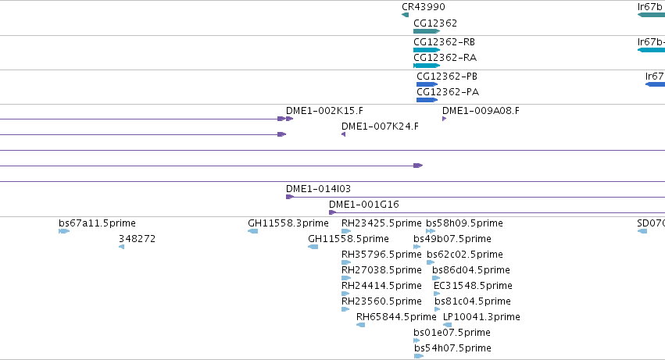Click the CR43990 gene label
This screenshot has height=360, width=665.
tap(424, 7)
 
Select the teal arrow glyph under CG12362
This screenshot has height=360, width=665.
tap(427, 31)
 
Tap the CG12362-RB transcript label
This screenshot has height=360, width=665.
tap(444, 42)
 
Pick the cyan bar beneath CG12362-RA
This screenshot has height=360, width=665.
tap(426, 66)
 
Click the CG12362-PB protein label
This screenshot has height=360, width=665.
tap(447, 77)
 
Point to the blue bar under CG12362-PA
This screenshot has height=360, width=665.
tap(427, 100)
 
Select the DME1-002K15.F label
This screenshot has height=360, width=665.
tap(324, 111)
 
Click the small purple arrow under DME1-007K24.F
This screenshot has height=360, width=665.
tap(344, 134)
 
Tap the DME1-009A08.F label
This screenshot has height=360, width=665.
tap(481, 111)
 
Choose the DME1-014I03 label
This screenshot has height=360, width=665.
tap(318, 189)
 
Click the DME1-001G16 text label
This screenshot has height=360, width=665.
tap(364, 205)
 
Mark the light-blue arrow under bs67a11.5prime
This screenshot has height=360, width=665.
tap(64, 231)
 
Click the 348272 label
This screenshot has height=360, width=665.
tap(137, 239)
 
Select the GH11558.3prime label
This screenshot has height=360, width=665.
tap(288, 223)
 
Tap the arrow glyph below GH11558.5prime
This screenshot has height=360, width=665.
tap(313, 247)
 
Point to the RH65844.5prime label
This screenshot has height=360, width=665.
tap(396, 317)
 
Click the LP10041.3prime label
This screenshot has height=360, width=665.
tap(481, 317)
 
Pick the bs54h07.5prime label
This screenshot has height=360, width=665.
tap(452, 348)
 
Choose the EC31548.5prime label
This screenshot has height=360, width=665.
tap(473, 285)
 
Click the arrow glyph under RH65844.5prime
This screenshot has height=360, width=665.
tap(360, 325)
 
